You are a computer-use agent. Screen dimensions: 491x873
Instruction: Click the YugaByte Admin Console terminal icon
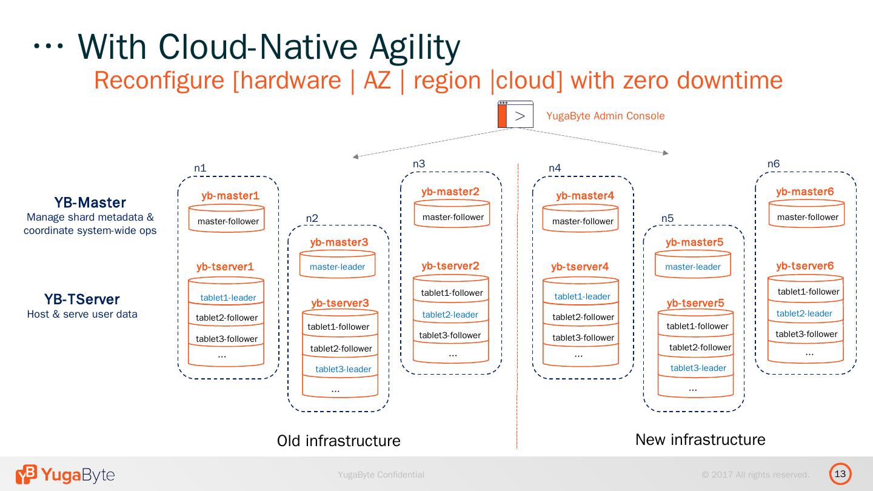coord(515,115)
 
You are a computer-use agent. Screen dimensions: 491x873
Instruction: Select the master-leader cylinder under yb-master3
coord(337,266)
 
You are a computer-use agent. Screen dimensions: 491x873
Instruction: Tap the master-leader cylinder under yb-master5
coord(692,266)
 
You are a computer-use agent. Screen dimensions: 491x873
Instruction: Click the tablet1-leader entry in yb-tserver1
coord(228,298)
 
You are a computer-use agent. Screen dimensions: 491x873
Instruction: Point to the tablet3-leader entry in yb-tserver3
coord(343,369)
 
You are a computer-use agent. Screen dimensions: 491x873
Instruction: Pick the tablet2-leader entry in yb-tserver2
coord(450,315)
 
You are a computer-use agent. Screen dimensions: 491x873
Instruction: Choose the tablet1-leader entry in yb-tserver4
coord(582,296)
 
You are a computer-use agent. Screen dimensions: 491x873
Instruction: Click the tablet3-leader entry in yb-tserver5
coord(698,368)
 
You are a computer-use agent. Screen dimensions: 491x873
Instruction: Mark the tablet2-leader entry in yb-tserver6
coord(804,313)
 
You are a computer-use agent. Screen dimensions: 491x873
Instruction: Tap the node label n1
coord(200,169)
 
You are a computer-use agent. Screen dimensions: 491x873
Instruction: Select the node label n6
coord(774,164)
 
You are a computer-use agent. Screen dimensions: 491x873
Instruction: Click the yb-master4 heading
coord(585,196)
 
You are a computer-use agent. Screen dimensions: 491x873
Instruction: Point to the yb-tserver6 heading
coord(804,266)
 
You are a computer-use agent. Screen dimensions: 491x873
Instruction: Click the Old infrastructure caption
coord(338,441)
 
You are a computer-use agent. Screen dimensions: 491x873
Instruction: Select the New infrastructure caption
coord(700,439)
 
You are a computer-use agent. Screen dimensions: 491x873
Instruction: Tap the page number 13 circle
coord(840,474)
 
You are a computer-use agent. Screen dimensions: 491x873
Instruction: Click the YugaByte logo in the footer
coord(65,475)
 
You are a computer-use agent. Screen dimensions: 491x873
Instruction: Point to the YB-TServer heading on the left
coord(82,299)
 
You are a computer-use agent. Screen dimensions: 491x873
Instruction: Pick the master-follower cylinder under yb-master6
coord(807,217)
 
